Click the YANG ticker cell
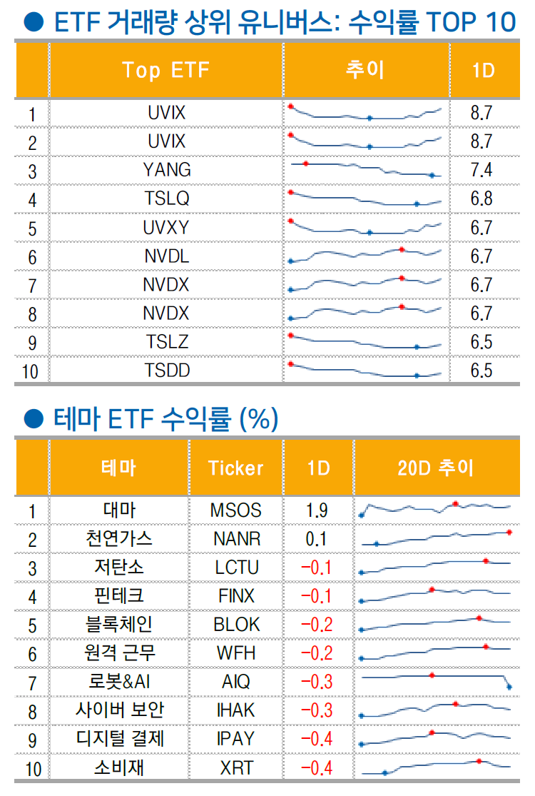pyautogui.click(x=166, y=170)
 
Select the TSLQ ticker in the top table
pyautogui.click(x=166, y=198)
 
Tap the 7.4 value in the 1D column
pyautogui.click(x=481, y=170)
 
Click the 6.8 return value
pyautogui.click(x=481, y=198)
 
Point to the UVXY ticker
pyautogui.click(x=166, y=227)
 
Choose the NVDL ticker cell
pyautogui.click(x=166, y=256)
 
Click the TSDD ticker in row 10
pyautogui.click(x=166, y=371)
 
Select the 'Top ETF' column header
pyautogui.click(x=166, y=70)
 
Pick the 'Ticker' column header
pyautogui.click(x=235, y=468)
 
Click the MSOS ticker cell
pyautogui.click(x=235, y=510)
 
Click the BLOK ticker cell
pyautogui.click(x=236, y=624)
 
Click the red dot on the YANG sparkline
pyautogui.click(x=306, y=163)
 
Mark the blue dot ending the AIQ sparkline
pyautogui.click(x=510, y=687)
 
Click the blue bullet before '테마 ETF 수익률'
pyautogui.click(x=30, y=418)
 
